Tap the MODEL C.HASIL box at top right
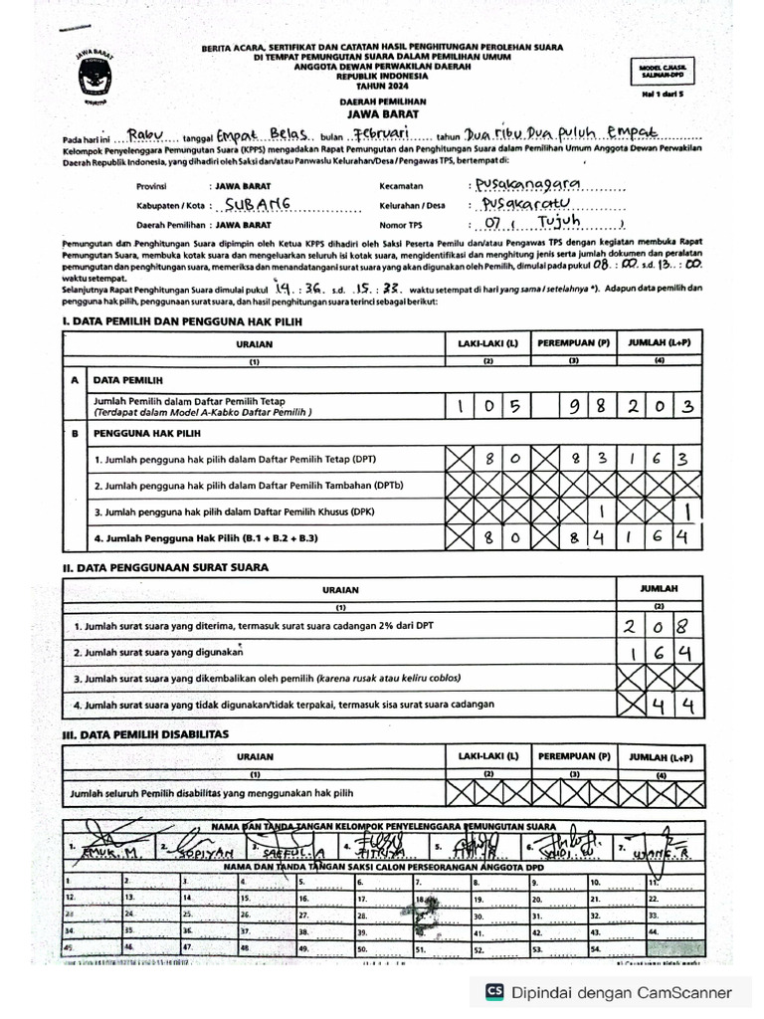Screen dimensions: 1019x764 coord(664,69)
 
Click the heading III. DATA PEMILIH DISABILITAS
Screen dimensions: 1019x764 coord(145,733)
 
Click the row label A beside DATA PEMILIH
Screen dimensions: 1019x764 coord(75,380)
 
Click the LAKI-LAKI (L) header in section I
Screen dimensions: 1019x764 coord(487,342)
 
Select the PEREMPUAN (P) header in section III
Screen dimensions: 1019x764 coord(573,756)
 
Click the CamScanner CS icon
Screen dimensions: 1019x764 coord(493,991)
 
